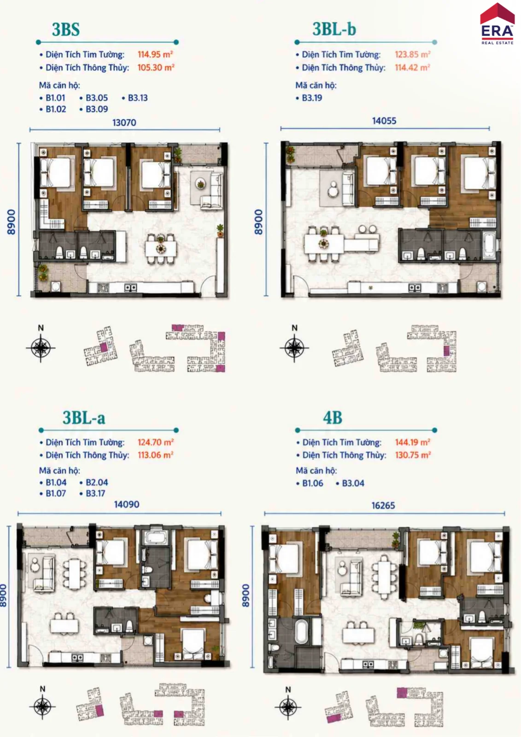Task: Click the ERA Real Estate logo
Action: point(498,23)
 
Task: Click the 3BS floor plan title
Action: point(66,29)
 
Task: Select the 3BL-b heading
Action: point(334,29)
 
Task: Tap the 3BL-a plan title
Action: point(84,418)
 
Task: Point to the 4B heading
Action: point(333,418)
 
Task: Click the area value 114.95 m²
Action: point(155,54)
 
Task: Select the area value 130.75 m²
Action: point(413,455)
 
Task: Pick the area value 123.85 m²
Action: point(413,54)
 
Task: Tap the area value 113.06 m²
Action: point(155,455)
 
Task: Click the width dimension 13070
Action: point(124,123)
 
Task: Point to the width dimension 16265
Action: point(383,505)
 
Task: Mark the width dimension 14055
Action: point(384,121)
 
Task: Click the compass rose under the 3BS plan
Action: point(41,347)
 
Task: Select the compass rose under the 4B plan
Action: point(288,707)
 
